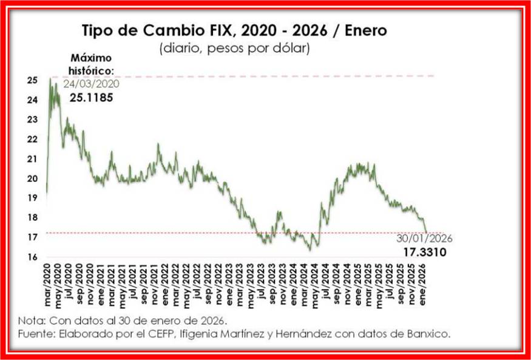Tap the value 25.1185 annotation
click(x=91, y=97)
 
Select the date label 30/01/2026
click(x=424, y=239)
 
